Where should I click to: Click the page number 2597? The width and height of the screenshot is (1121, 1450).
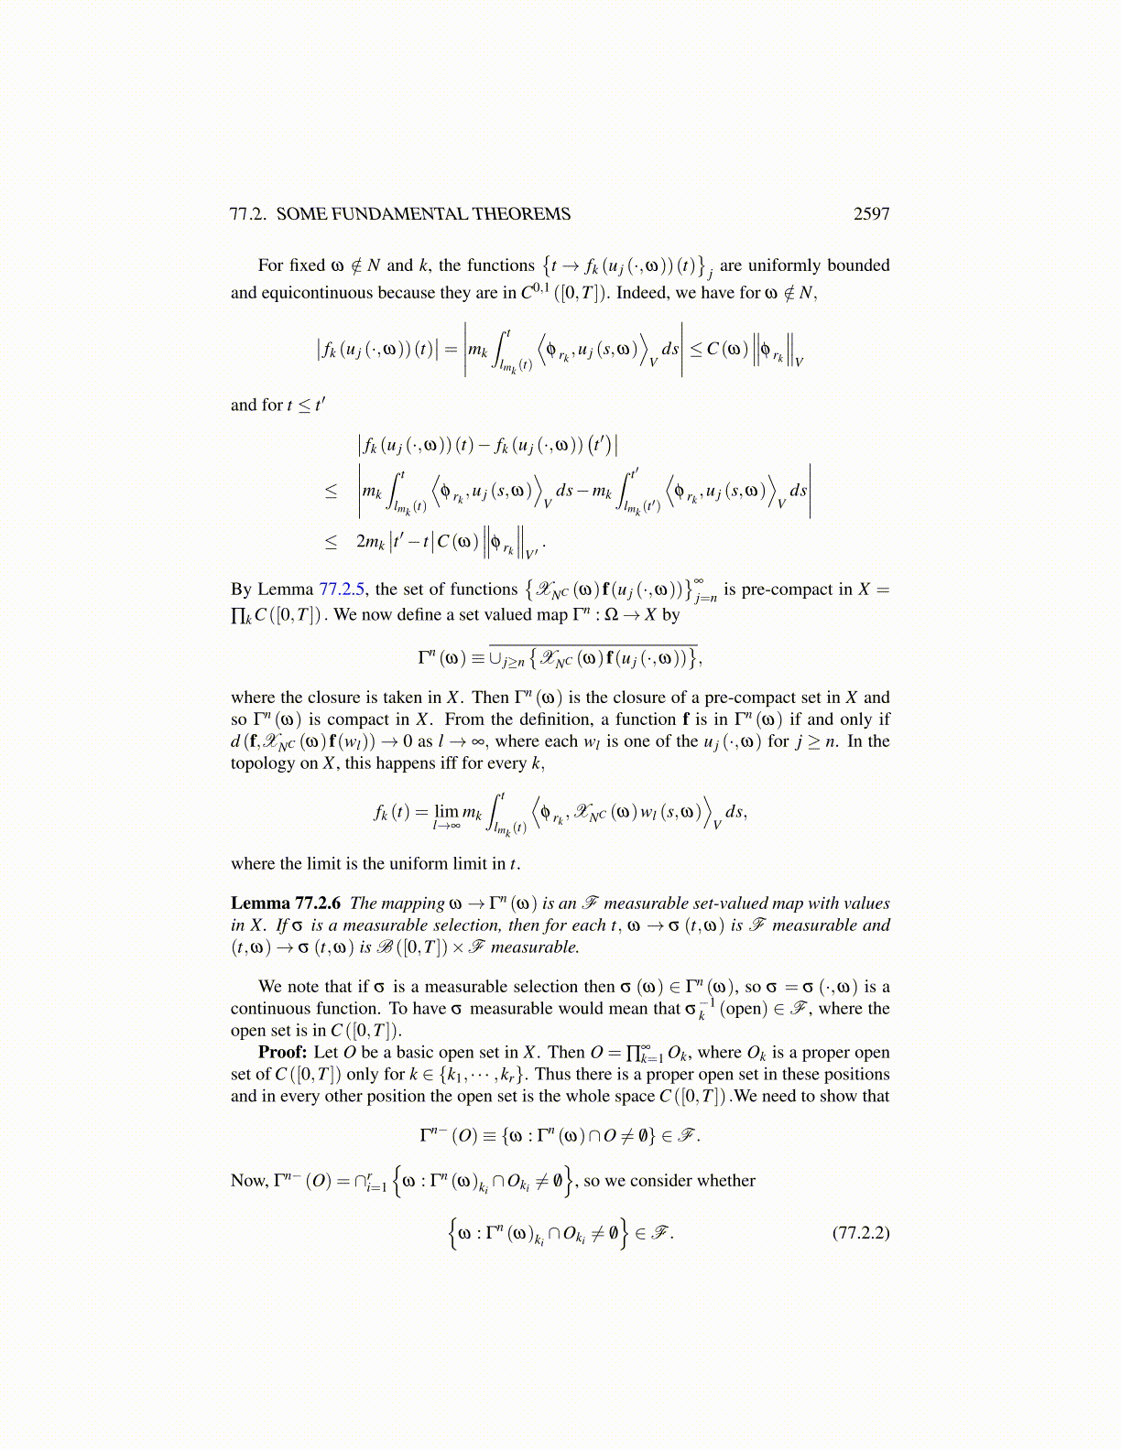871,214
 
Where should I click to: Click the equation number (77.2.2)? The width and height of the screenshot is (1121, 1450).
861,1232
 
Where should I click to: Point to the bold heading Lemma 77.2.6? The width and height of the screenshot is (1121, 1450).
285,904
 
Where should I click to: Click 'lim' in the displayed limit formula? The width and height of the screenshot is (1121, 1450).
447,811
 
